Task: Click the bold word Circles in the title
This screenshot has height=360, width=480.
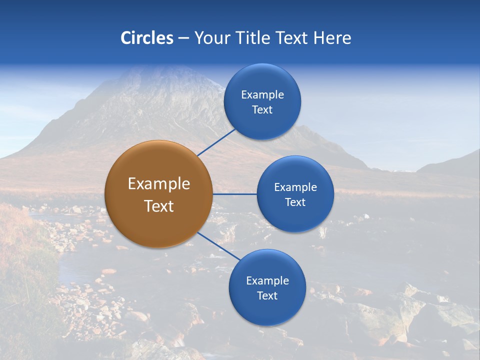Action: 146,38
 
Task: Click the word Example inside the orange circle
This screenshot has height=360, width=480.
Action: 159,184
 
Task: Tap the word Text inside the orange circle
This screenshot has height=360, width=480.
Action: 159,206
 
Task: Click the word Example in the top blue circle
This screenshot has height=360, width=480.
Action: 262,95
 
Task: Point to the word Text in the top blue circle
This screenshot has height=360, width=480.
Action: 262,110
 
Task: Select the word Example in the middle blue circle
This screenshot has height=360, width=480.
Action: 295,187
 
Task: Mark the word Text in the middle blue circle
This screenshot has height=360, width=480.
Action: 295,202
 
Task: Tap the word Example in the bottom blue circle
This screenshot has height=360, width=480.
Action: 267,281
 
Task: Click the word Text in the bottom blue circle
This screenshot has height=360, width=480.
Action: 267,296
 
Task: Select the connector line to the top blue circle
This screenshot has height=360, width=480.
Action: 216,142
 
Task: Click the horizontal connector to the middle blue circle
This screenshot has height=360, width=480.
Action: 235,194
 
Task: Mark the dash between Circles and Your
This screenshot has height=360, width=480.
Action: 183,38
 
